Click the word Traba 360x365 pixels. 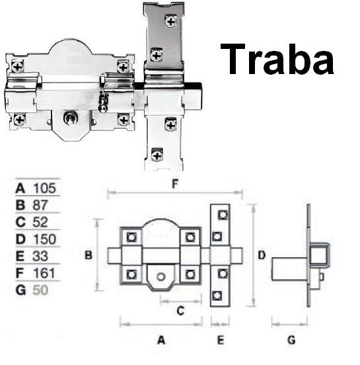click(277, 58)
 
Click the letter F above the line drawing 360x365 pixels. click(175, 186)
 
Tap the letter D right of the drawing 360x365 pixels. click(262, 255)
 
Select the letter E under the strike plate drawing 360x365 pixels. click(221, 341)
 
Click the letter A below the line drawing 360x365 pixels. click(161, 341)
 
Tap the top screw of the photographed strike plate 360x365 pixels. click(172, 22)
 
